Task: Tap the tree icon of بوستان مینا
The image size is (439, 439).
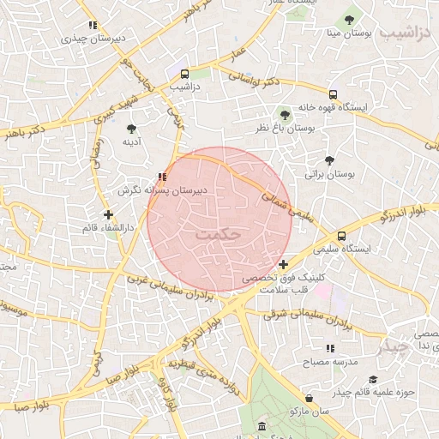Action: point(348,19)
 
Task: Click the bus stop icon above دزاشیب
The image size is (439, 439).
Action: point(184,74)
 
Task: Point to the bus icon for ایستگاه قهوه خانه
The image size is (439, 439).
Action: point(333,95)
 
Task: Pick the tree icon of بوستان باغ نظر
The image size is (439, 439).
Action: point(285,112)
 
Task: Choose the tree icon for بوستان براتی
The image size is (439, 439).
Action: point(329,159)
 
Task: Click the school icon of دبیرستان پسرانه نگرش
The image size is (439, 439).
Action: point(162,177)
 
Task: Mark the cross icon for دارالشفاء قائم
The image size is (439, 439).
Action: point(108,214)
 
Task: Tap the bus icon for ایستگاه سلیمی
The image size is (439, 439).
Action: point(342,236)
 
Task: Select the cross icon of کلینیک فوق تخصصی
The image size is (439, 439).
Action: point(283,264)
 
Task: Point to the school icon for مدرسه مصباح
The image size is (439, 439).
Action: point(329,348)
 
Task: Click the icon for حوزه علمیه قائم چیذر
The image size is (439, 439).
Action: point(372,380)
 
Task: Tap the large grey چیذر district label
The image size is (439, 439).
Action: point(395,346)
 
